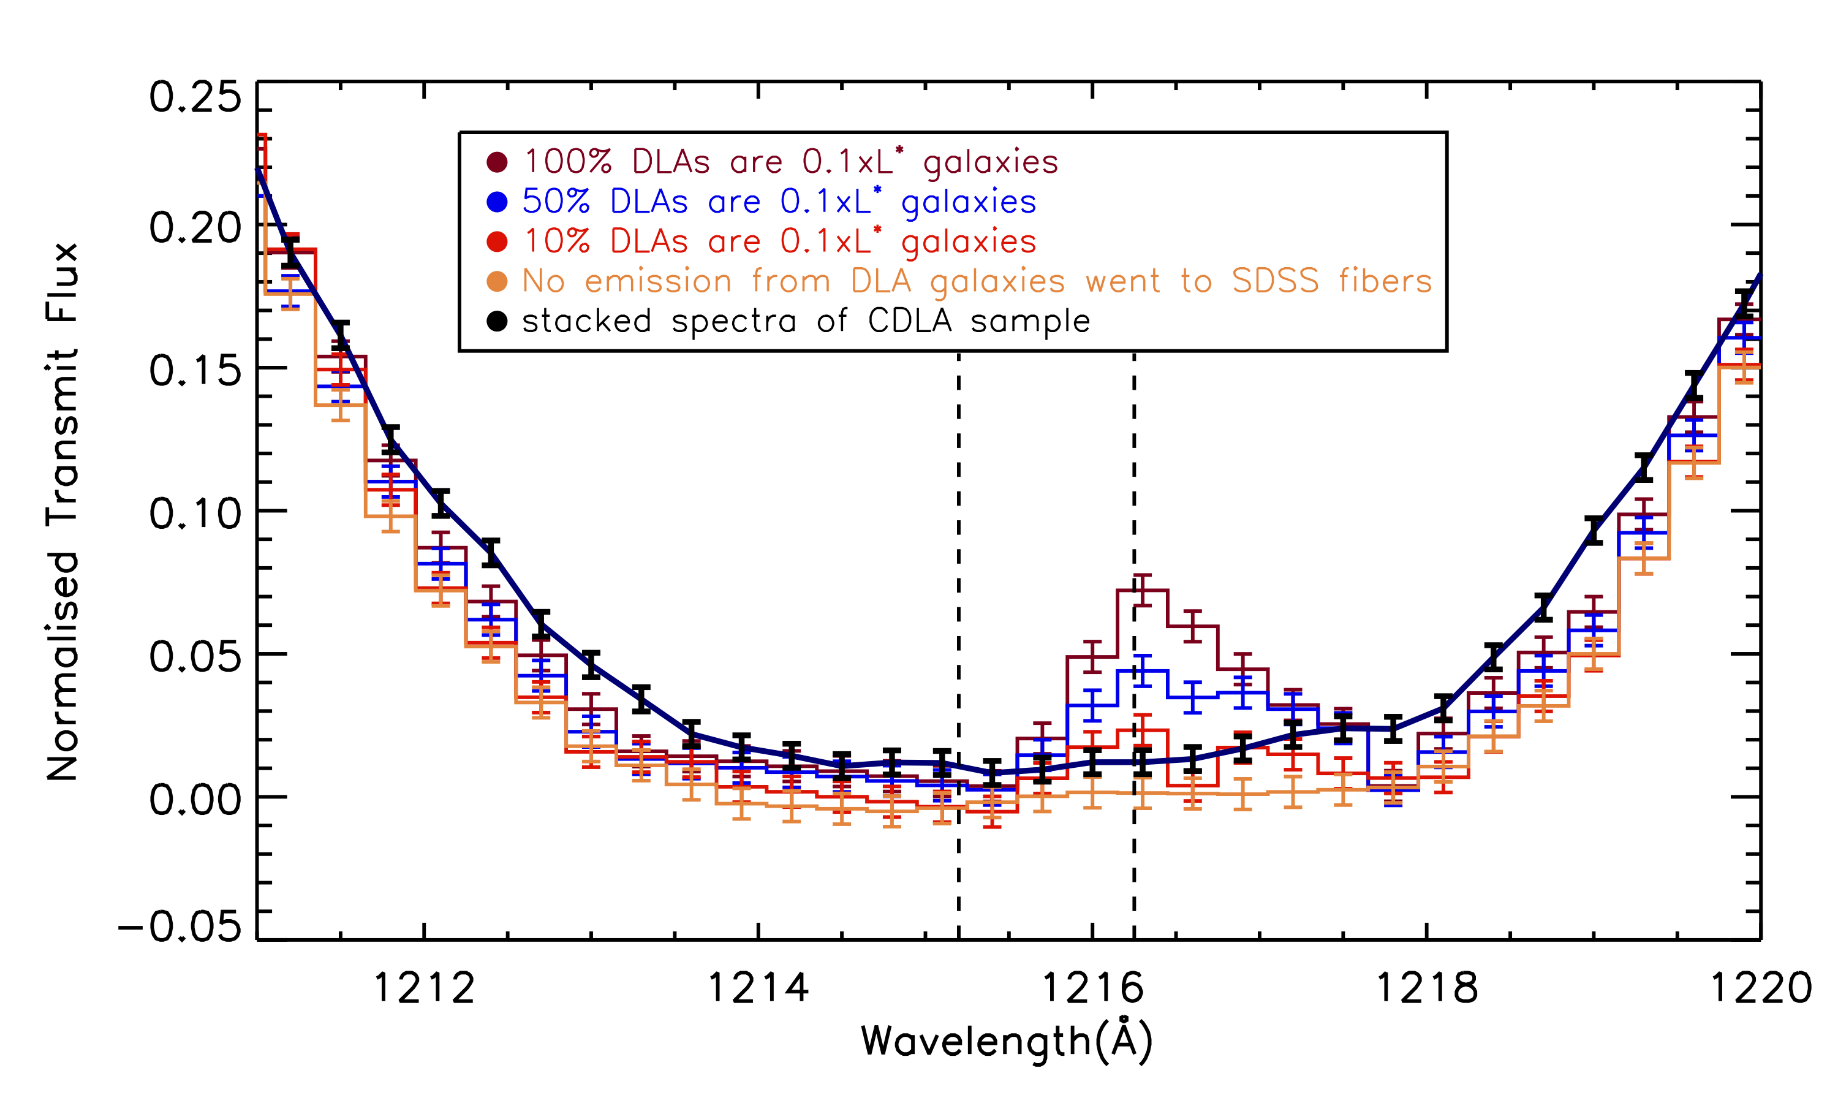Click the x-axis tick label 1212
[423, 988]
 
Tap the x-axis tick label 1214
[758, 988]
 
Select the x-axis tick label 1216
[1092, 988]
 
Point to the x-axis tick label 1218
[1426, 988]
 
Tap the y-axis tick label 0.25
[195, 97]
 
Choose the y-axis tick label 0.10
[195, 513]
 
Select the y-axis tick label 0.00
[195, 800]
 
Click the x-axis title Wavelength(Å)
[1007, 1042]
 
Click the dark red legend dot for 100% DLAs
[497, 161]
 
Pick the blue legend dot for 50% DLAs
[497, 202]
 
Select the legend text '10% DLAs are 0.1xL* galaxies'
[779, 241]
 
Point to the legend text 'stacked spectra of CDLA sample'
[806, 321]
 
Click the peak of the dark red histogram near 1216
[1143, 590]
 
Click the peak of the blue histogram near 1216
[1143, 670]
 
